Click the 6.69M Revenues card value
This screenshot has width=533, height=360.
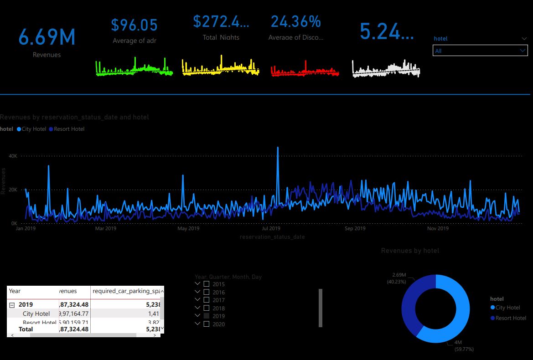(47, 37)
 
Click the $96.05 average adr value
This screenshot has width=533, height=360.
(134, 25)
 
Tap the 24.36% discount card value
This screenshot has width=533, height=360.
(295, 21)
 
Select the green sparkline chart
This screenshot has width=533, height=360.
(134, 68)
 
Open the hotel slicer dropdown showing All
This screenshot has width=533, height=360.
(480, 51)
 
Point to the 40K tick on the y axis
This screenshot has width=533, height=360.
(13, 156)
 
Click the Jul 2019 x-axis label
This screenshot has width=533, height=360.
(271, 228)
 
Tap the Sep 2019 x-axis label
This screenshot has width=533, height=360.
(355, 228)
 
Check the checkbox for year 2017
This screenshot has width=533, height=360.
(207, 300)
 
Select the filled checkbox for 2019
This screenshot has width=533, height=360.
(207, 316)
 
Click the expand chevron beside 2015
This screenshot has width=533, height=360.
(197, 284)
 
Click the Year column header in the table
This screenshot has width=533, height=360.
(15, 291)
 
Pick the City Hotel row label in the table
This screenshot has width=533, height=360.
(36, 314)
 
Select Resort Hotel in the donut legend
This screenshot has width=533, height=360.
(511, 318)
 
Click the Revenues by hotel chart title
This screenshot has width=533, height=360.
(410, 251)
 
